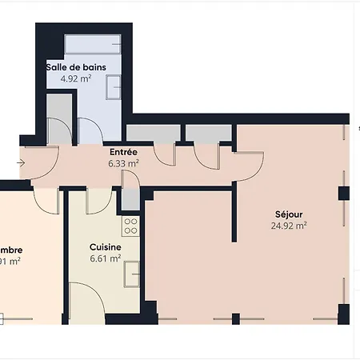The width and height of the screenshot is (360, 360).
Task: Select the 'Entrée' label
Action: coord(123,151)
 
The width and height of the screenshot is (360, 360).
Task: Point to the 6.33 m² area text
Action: coord(123,162)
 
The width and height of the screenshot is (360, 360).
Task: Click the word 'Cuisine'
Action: coord(105,247)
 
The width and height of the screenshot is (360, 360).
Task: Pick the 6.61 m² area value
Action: coord(105,258)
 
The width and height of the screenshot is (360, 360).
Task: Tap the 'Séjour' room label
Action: coord(289,214)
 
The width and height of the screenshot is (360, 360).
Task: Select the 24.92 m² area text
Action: coord(289,226)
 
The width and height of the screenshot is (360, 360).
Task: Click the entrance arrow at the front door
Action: coord(20,163)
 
